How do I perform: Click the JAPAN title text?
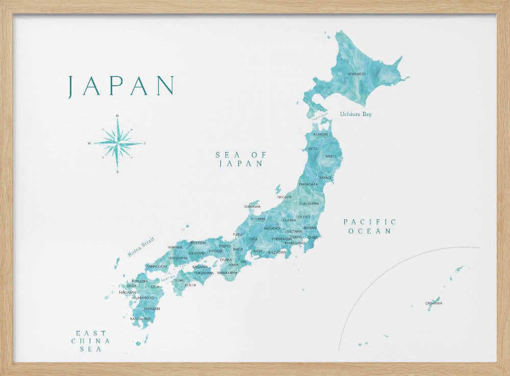coord(121,86)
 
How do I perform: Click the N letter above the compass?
coord(117,116)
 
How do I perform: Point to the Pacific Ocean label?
coord(369,227)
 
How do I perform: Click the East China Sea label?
coord(91,341)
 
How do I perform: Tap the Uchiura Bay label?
coord(355,114)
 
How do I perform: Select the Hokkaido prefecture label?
coord(356,74)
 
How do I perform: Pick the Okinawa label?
coord(433,304)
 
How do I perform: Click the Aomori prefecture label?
coord(320,134)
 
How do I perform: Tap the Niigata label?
coord(284,196)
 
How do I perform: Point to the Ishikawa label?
coord(252,207)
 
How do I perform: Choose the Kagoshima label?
coord(140,319)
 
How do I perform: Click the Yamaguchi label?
coord(156,266)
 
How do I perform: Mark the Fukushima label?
coord(309,204)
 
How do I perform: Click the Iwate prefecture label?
coord(330,156)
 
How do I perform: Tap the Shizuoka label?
coord(276,252)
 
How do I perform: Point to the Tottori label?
coord(198,243)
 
